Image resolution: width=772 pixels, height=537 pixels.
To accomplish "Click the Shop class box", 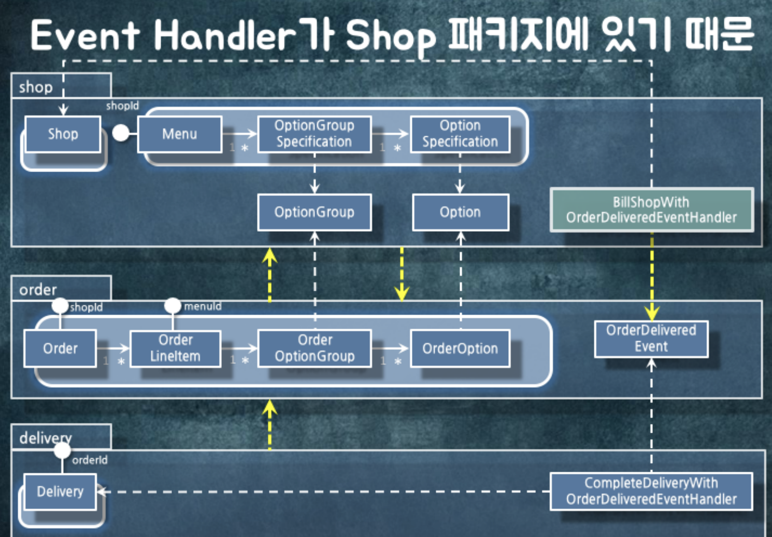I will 63,134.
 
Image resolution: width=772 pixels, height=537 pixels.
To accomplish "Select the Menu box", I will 179,134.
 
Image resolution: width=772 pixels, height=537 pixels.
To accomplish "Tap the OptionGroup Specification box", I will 314,134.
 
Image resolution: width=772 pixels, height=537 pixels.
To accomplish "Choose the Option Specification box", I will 460,134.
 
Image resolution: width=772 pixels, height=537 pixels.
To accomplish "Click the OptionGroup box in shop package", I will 314,212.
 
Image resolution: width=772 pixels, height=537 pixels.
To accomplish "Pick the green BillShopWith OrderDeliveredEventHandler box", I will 651,209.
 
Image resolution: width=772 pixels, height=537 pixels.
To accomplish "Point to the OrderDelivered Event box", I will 651,338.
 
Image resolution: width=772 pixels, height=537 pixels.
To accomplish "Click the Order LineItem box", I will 175,348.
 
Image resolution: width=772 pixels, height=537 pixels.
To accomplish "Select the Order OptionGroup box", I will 314,348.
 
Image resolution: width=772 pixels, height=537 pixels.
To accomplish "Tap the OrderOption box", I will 460,348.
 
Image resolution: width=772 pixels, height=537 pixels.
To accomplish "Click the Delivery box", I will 60,491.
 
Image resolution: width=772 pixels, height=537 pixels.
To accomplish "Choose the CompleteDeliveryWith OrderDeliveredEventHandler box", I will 651,491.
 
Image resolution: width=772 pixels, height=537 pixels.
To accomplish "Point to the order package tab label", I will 38,289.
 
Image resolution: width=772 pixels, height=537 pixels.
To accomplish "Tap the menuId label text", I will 203,306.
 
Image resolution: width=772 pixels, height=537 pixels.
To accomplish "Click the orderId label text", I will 90,460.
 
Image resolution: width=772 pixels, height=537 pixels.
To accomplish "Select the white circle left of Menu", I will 121,133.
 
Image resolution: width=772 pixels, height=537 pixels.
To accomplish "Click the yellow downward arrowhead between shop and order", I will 402,293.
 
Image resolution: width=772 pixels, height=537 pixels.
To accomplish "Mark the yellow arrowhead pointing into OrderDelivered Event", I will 651,313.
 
